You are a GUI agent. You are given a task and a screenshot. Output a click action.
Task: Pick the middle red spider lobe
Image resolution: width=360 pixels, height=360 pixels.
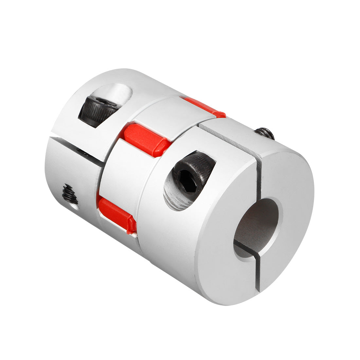pos(146,139)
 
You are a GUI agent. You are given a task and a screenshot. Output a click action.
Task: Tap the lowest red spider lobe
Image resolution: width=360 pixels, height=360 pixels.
pos(116,215)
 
